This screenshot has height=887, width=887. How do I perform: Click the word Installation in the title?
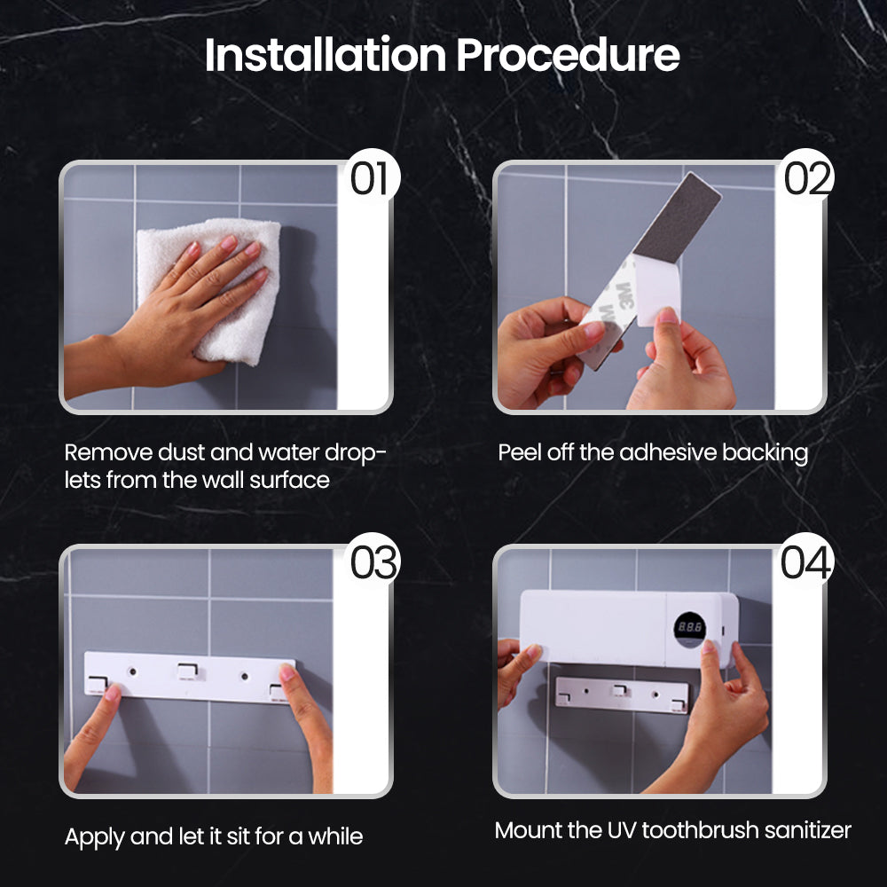pyautogui.click(x=326, y=55)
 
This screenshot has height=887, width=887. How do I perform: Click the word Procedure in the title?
pyautogui.click(x=568, y=55)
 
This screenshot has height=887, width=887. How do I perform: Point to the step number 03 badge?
pyautogui.click(x=373, y=562)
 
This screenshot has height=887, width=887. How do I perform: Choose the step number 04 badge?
pyautogui.click(x=806, y=562)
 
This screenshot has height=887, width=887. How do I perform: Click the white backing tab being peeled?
pyautogui.click(x=657, y=288)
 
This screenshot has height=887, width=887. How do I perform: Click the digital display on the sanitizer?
pyautogui.click(x=690, y=628)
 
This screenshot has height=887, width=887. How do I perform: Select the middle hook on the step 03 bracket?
pyautogui.click(x=188, y=671)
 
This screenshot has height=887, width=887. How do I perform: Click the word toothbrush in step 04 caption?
pyautogui.click(x=701, y=830)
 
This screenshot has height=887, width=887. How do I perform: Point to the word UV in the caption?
pyautogui.click(x=622, y=830)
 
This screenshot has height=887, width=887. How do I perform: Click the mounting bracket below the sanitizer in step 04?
pyautogui.click(x=623, y=695)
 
